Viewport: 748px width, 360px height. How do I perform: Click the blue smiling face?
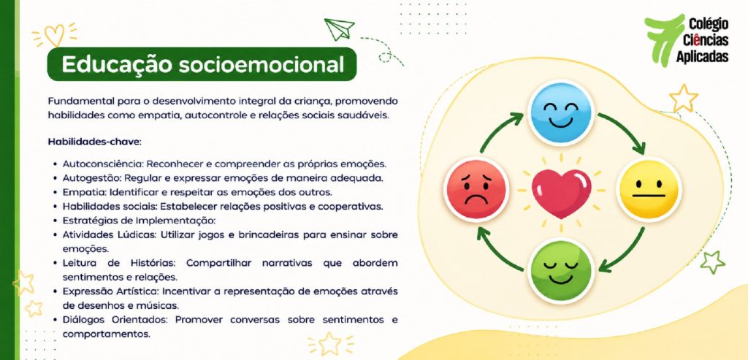(560, 113)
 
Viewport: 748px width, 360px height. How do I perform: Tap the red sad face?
(476, 189)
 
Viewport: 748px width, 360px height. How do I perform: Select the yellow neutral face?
(649, 189)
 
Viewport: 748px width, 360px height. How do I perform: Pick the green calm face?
(561, 271)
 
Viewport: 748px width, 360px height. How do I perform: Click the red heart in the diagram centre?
(562, 193)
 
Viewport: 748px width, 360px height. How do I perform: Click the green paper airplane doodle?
(339, 29)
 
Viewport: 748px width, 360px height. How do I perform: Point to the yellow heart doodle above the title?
(54, 35)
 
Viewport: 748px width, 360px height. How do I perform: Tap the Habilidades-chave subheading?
(95, 142)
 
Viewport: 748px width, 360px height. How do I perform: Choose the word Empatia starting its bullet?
(85, 193)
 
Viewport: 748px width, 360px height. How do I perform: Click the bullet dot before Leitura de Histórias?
(56, 264)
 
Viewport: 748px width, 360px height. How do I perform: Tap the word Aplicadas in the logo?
(702, 56)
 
